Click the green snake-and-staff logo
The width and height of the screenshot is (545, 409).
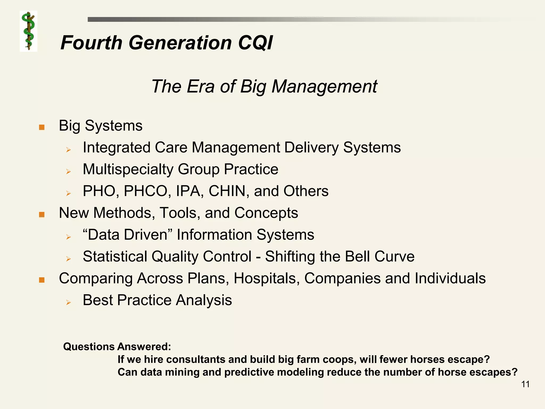pos(28,31)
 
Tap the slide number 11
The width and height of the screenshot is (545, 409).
pos(525,384)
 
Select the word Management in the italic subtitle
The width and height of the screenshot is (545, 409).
pos(324,87)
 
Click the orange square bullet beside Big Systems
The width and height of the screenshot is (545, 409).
pos(42,127)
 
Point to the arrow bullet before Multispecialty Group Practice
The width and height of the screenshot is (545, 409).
pos(68,171)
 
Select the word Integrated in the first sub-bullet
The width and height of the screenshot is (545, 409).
pos(117,148)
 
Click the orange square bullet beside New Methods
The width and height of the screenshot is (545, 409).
pos(42,214)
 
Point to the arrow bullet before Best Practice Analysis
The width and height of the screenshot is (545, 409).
pos(68,302)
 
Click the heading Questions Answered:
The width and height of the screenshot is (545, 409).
pos(117,347)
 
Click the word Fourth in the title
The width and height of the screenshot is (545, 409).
pos(91,43)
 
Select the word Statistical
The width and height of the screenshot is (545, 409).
pos(115,257)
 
